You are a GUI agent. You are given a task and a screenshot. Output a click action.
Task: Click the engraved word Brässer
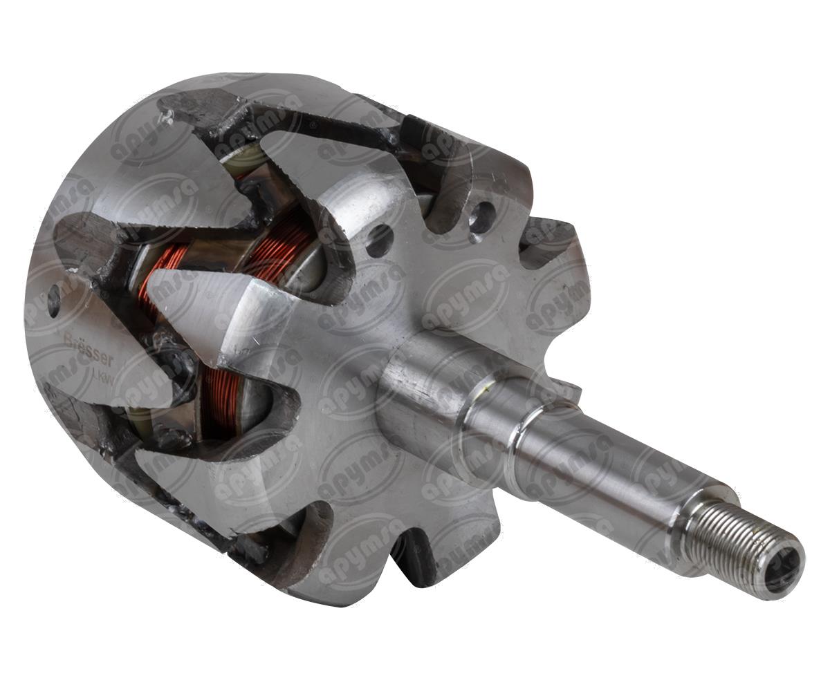(x=79, y=341)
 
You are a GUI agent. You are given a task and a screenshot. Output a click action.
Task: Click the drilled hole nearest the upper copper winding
(x=379, y=240)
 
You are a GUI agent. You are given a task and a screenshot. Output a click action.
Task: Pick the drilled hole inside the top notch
(x=481, y=216)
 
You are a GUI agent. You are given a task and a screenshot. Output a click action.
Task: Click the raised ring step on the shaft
(x=515, y=442)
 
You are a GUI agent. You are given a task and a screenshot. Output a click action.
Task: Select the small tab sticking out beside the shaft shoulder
(x=564, y=390)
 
